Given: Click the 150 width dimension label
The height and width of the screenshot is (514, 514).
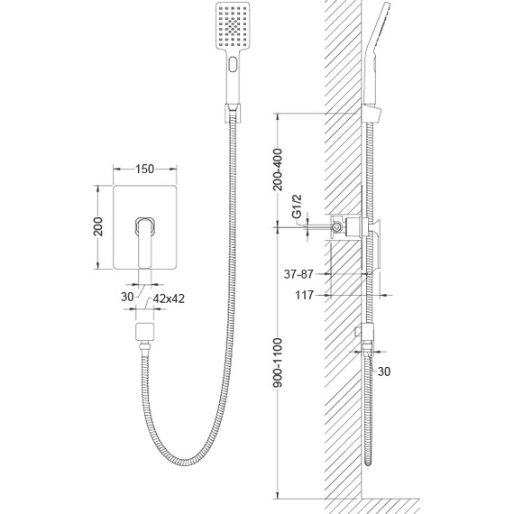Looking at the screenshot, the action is pyautogui.click(x=144, y=170).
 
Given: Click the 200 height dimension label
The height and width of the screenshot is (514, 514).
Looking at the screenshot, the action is pyautogui.click(x=98, y=226).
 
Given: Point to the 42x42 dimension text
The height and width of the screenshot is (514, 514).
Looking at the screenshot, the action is pyautogui.click(x=169, y=298).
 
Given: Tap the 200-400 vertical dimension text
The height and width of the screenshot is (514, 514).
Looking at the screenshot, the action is pyautogui.click(x=278, y=170).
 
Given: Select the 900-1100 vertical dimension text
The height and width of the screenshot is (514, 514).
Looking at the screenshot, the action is pyautogui.click(x=278, y=363).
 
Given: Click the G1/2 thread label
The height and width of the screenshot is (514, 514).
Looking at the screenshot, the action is pyautogui.click(x=297, y=207).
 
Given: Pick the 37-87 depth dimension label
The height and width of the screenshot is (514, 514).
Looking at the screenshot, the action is pyautogui.click(x=298, y=274).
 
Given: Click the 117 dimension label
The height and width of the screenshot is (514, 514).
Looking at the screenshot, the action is pyautogui.click(x=305, y=295).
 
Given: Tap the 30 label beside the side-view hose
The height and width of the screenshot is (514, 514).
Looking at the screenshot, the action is pyautogui.click(x=384, y=372).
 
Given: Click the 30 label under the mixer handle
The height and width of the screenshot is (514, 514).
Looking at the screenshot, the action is pyautogui.click(x=127, y=297).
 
